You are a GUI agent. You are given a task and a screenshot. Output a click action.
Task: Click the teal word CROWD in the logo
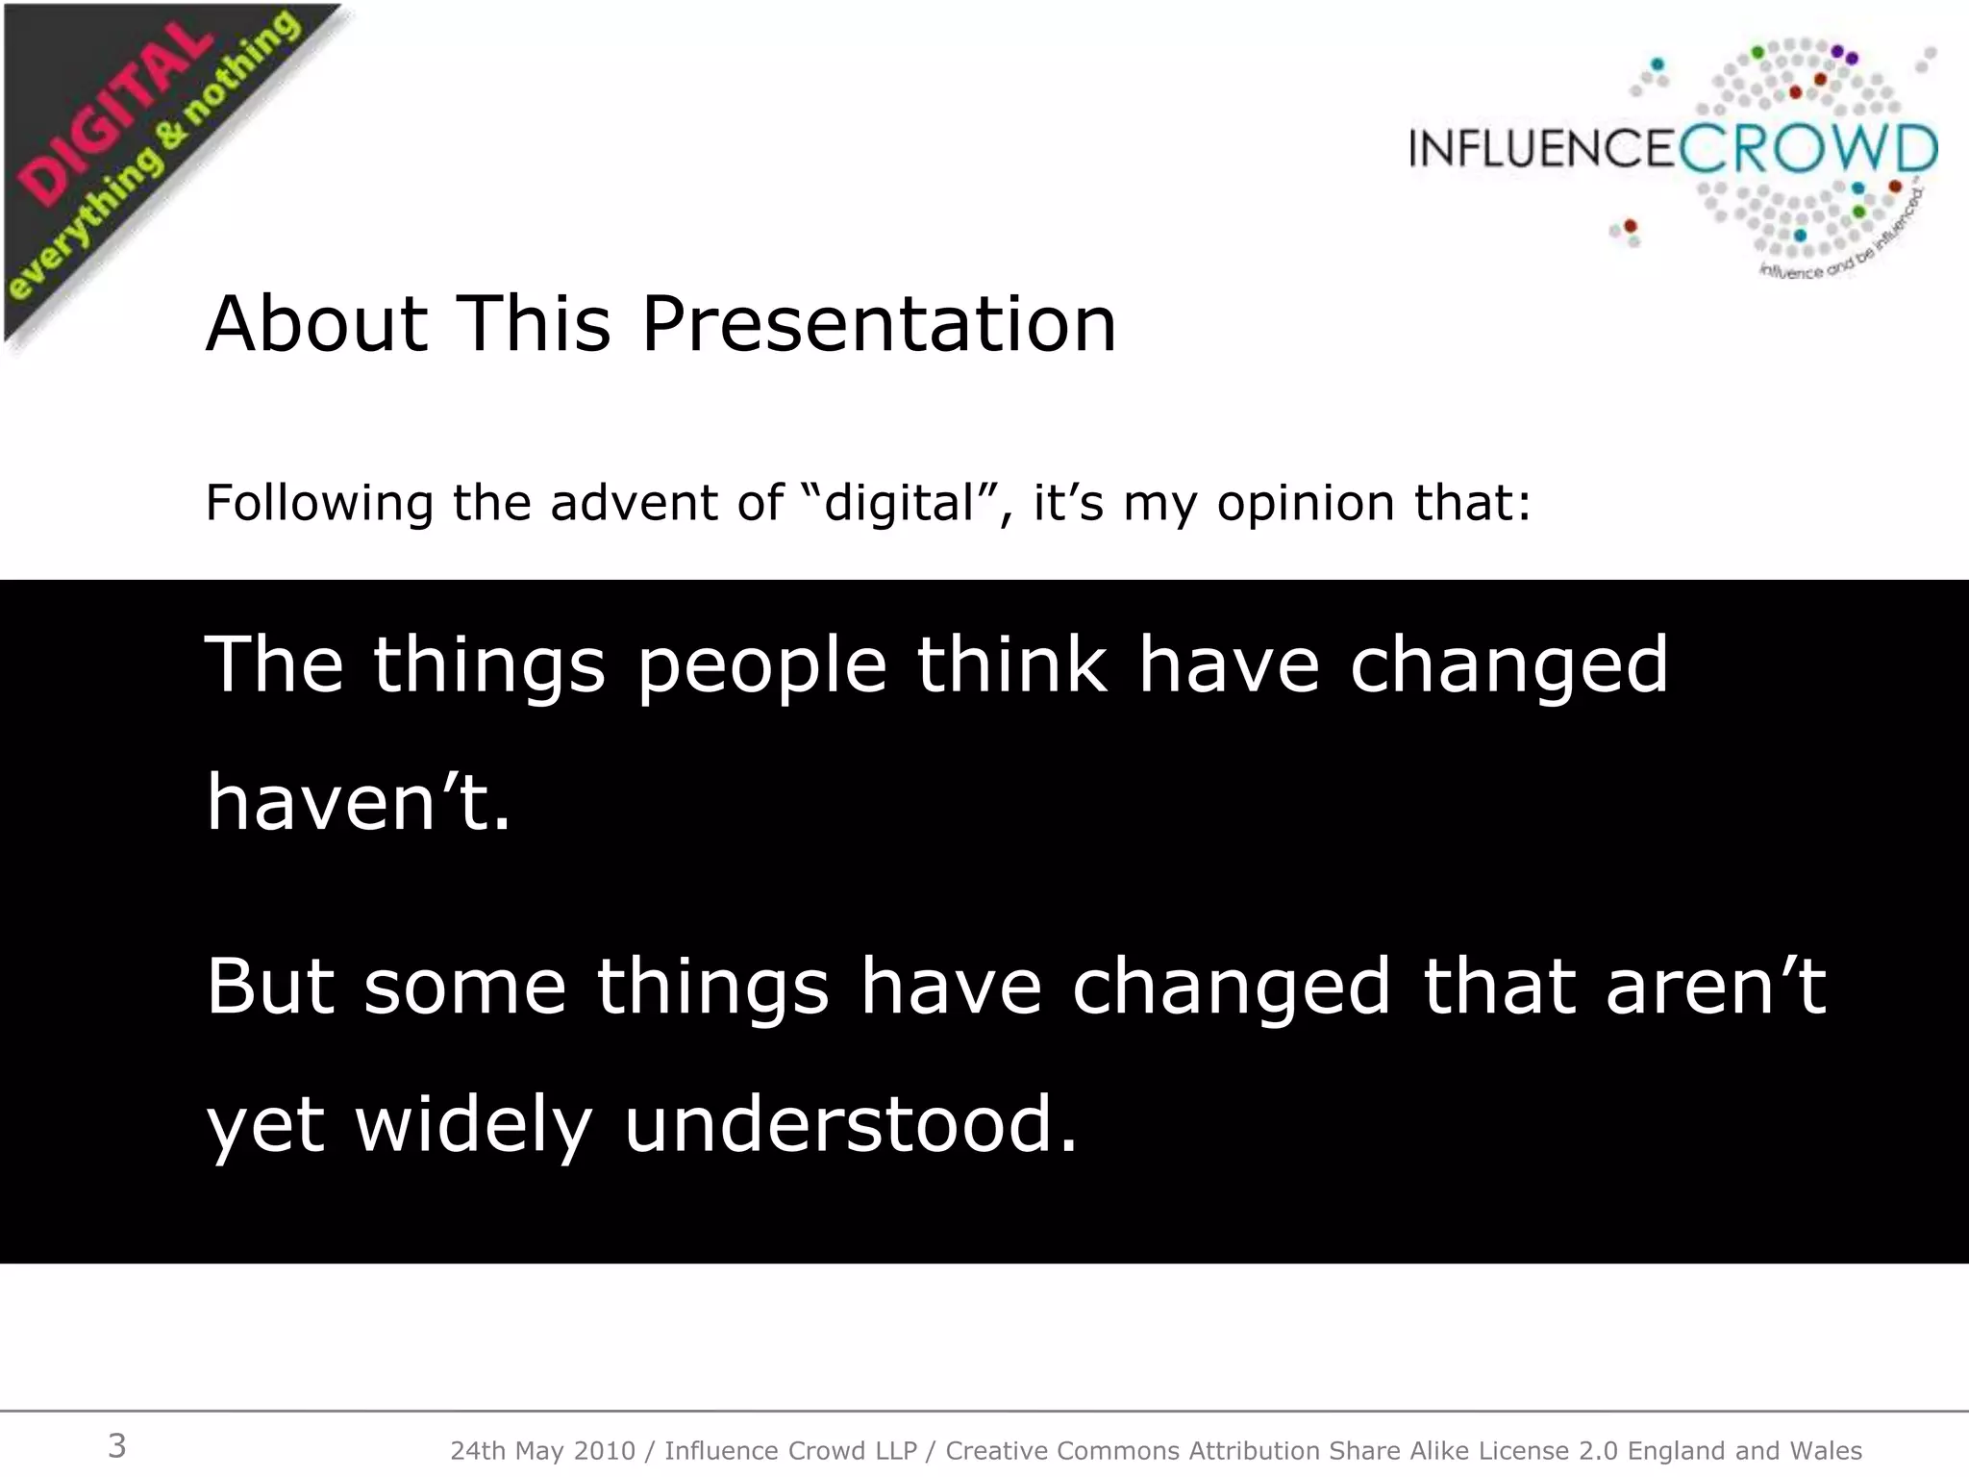tap(1807, 150)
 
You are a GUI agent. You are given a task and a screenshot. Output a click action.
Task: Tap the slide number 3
tap(116, 1445)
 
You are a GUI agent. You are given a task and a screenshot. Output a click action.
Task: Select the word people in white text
tap(761, 665)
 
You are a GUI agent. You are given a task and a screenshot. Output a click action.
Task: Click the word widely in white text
tap(473, 1125)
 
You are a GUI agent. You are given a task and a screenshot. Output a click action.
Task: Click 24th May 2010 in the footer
tap(542, 1450)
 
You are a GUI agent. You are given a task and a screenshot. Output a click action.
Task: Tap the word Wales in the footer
tap(1826, 1450)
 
